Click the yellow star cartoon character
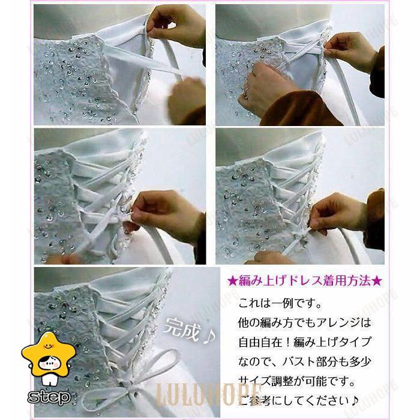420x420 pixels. (x=48, y=359)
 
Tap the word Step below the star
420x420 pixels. (x=49, y=397)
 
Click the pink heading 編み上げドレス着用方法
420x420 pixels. (x=305, y=281)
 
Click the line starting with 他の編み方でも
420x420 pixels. (x=305, y=322)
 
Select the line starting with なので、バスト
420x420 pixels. (x=305, y=362)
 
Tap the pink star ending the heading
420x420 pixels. (x=378, y=281)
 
